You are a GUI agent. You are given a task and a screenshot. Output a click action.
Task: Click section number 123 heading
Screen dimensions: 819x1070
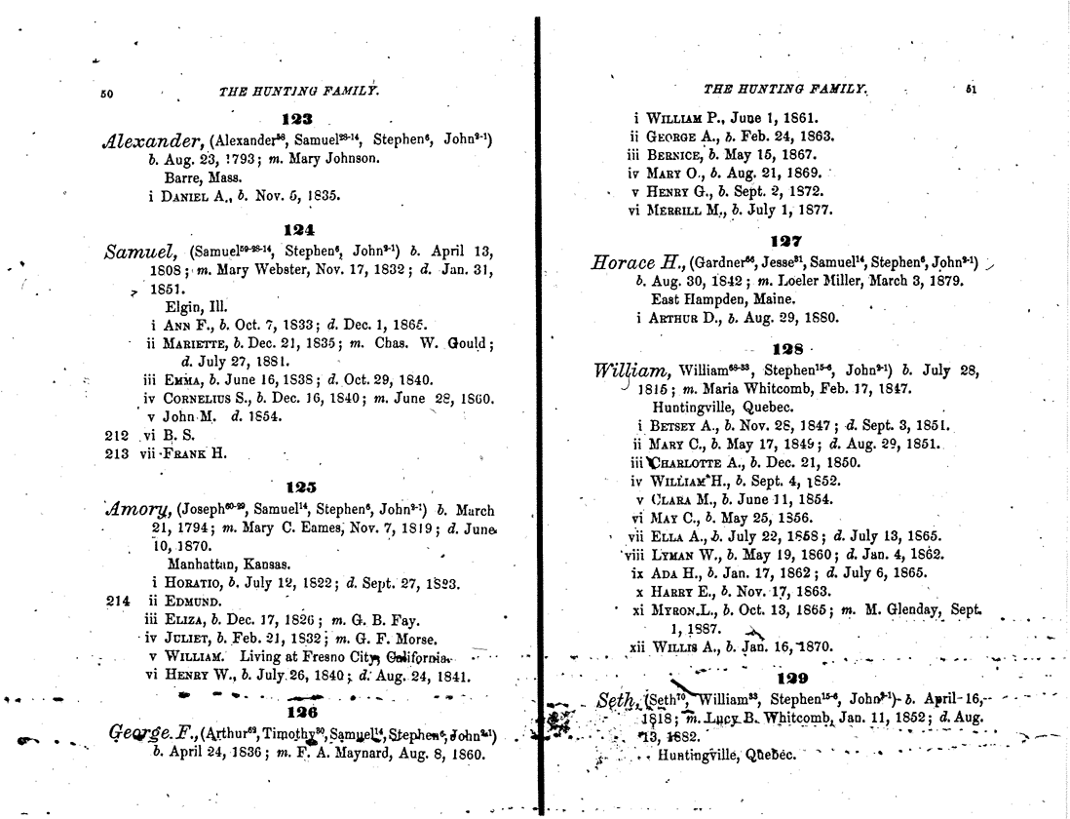(x=293, y=120)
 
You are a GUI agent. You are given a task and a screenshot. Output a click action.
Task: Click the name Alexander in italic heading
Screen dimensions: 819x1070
(x=155, y=140)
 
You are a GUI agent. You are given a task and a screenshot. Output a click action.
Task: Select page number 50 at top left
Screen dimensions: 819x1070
(x=107, y=95)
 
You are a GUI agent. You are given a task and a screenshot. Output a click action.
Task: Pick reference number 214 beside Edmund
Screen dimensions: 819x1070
(x=117, y=600)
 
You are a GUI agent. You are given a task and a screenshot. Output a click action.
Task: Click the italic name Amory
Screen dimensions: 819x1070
(x=143, y=508)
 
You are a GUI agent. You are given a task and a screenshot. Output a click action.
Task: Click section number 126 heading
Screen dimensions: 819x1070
(x=295, y=713)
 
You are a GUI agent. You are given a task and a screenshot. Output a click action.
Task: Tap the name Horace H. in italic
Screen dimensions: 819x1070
(x=635, y=263)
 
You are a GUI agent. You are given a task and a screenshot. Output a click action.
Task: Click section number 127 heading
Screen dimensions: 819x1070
(x=784, y=240)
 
